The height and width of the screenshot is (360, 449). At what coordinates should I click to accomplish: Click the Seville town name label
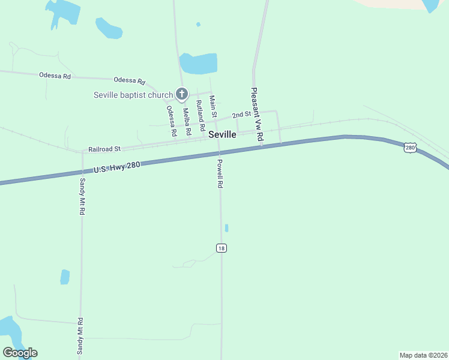(x=222, y=135)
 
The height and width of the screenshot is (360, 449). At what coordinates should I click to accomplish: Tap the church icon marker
(x=182, y=94)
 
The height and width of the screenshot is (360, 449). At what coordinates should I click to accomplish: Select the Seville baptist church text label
(x=133, y=95)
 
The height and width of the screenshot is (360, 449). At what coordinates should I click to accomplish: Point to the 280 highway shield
(x=410, y=148)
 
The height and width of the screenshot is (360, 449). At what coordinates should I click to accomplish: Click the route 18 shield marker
(x=221, y=248)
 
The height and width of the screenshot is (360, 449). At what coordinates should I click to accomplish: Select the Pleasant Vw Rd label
(x=257, y=115)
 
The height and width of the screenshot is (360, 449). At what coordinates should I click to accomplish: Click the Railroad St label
(x=104, y=148)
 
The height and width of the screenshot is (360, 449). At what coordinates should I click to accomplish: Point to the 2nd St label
(x=241, y=114)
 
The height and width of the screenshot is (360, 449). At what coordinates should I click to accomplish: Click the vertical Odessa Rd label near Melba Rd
(x=172, y=120)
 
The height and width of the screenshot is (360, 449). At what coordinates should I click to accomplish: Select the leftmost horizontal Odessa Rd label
(x=55, y=76)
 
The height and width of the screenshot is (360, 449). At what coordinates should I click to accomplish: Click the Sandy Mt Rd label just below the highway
(x=82, y=196)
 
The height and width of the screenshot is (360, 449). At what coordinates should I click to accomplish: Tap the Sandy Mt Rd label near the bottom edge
(x=80, y=336)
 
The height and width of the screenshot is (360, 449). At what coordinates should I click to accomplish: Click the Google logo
(x=20, y=353)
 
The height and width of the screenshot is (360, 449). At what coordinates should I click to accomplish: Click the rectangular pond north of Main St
(x=199, y=63)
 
